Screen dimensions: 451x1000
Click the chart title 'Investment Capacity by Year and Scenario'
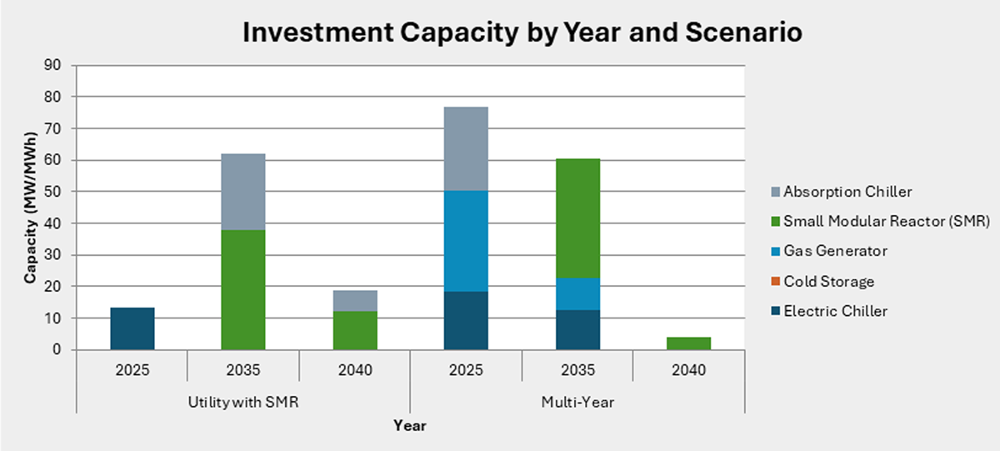coord(522,33)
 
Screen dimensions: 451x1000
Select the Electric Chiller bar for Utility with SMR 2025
coord(132,328)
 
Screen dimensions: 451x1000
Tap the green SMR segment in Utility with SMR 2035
coord(243,289)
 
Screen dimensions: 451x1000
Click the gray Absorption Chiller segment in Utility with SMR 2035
coord(243,192)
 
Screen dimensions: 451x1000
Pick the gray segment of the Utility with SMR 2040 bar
coord(355,300)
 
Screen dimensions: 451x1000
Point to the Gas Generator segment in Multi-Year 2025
coord(466,241)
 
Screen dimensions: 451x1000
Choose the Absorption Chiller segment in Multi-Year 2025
coord(466,148)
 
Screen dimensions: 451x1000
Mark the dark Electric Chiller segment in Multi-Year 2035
coord(577,329)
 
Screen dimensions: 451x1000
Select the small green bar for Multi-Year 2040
coord(688,343)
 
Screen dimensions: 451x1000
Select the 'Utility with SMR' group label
coord(243,402)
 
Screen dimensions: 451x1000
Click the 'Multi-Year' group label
coord(577,402)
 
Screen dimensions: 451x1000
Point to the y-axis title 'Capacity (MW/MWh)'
coord(30,208)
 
